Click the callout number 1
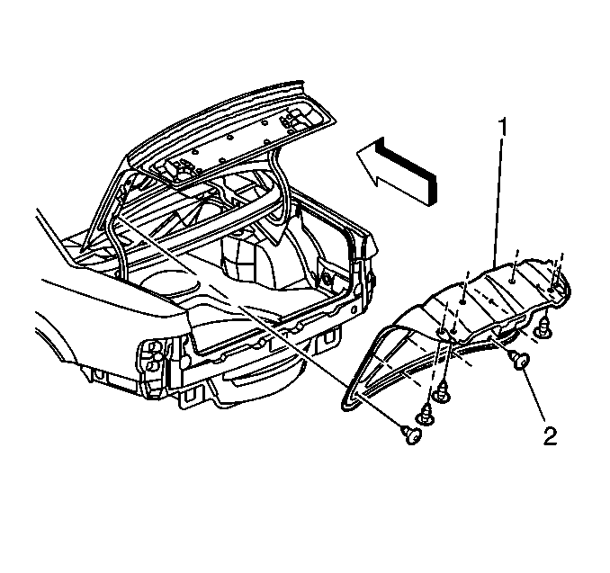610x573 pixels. click(503, 128)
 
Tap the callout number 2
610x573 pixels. click(550, 436)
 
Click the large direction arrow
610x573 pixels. click(397, 172)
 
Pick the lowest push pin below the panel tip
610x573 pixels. click(411, 434)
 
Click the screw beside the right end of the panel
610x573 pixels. click(543, 327)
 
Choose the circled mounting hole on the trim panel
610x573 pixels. click(443, 331)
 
